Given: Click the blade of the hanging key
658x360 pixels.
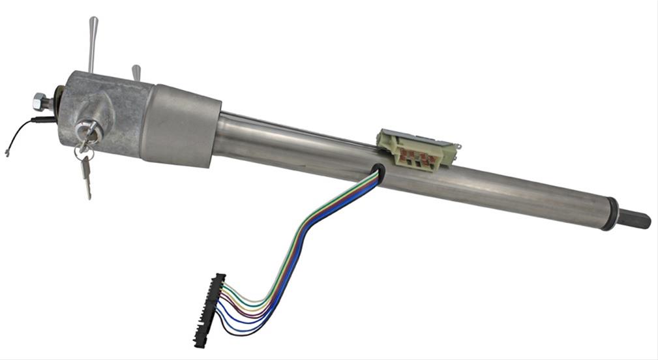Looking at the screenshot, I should click(x=87, y=179).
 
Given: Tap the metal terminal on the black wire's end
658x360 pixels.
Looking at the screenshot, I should click(x=7, y=154).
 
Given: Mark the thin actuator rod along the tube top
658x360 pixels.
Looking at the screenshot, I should click(x=293, y=124).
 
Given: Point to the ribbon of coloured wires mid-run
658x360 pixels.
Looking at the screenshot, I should click(x=307, y=235).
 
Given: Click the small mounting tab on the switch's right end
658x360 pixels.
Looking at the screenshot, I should click(x=458, y=145).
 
